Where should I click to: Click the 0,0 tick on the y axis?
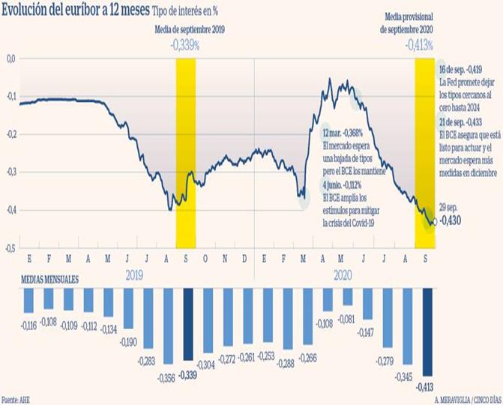pyautogui.click(x=10, y=58)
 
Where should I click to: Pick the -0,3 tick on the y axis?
pyautogui.click(x=10, y=172)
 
